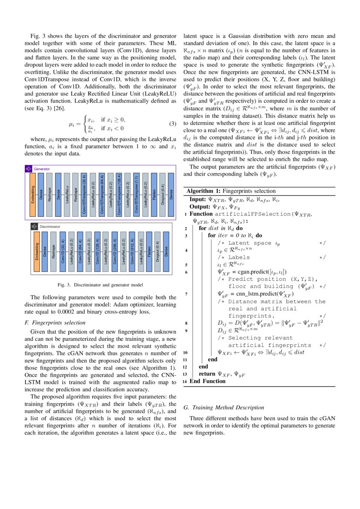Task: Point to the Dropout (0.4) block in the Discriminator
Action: (x=157, y=252)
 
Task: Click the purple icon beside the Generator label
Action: (x=29, y=169)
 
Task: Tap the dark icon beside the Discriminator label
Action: (x=34, y=226)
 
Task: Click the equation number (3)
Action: (x=172, y=124)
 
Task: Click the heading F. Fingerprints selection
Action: (x=55, y=323)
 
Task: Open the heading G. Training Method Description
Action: (x=224, y=408)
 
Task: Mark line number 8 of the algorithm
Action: (x=186, y=324)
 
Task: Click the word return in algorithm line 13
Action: (x=207, y=374)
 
